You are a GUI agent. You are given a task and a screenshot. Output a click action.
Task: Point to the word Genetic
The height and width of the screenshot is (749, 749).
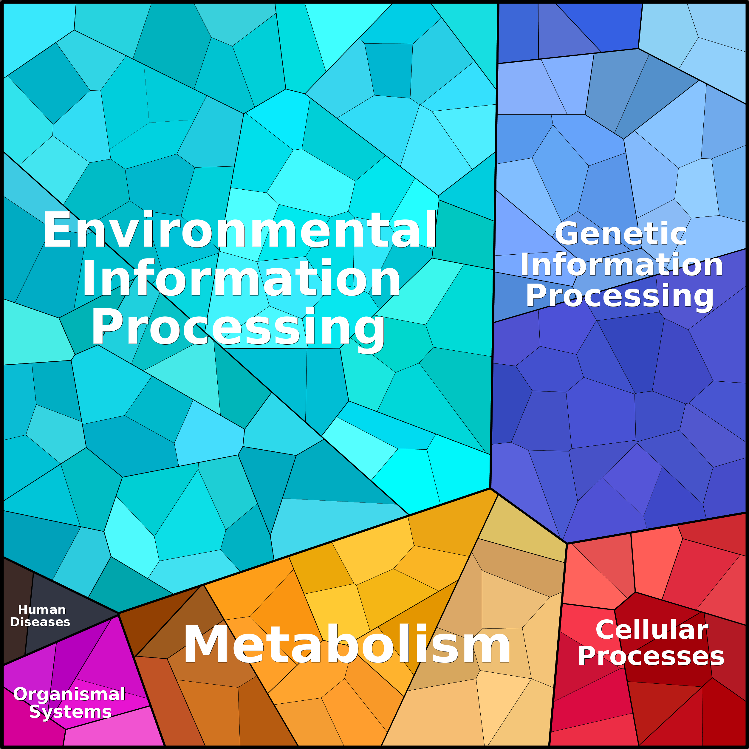[x=621, y=234]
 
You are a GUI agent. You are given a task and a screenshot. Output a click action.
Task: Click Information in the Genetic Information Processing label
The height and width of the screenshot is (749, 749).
[x=621, y=264]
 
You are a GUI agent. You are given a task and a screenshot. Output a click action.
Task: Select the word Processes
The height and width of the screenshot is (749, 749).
[x=651, y=656]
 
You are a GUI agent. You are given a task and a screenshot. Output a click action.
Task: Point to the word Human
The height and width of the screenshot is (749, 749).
[x=42, y=610]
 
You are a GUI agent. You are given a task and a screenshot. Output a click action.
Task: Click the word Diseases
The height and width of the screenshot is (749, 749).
[x=40, y=622]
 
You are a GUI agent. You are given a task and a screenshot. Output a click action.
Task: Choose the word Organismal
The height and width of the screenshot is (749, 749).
[x=69, y=694]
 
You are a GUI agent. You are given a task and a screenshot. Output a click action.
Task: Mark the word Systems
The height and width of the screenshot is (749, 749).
[x=70, y=711]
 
